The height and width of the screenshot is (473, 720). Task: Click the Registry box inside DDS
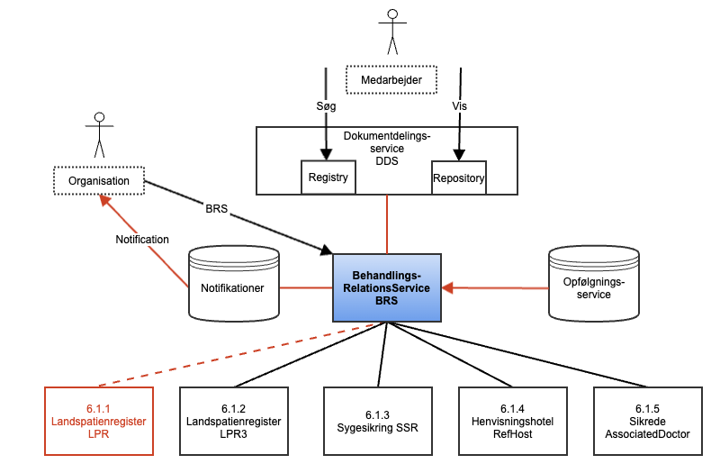point(328,177)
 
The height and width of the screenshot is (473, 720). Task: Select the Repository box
point(459,177)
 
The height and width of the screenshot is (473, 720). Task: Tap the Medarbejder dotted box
point(391,79)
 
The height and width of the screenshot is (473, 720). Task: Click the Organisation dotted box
point(98,181)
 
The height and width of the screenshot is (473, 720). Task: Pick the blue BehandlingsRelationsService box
point(387,287)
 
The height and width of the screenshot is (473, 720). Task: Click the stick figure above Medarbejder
point(391,32)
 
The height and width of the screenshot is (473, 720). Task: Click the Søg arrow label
point(325,105)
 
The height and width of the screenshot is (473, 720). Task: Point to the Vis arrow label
point(459,105)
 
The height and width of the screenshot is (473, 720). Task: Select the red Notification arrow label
point(141,240)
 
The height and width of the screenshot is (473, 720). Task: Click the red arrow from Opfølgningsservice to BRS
point(495,288)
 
